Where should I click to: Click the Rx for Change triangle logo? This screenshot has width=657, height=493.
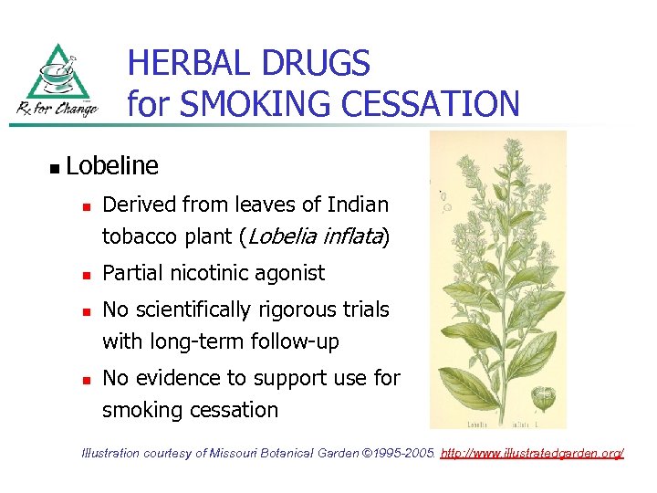58,81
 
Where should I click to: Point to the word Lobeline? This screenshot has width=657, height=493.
112,166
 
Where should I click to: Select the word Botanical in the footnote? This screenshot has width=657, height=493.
286,453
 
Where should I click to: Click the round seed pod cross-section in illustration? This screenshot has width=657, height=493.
543,398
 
